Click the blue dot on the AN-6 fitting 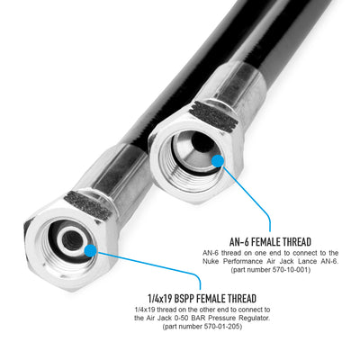[x=218, y=161]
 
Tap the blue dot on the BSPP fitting [x=90, y=251]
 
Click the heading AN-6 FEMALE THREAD [x=270, y=241]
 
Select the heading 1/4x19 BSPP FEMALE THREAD [x=202, y=299]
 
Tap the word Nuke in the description [x=210, y=261]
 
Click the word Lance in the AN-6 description [x=304, y=261]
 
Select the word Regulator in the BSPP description [x=255, y=318]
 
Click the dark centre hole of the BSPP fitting [x=72, y=240]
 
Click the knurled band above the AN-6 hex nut [x=213, y=115]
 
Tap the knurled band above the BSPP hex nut [x=88, y=204]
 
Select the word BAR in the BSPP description [x=210, y=318]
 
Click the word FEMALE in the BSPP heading [x=212, y=299]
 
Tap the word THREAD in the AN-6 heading [x=295, y=241]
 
